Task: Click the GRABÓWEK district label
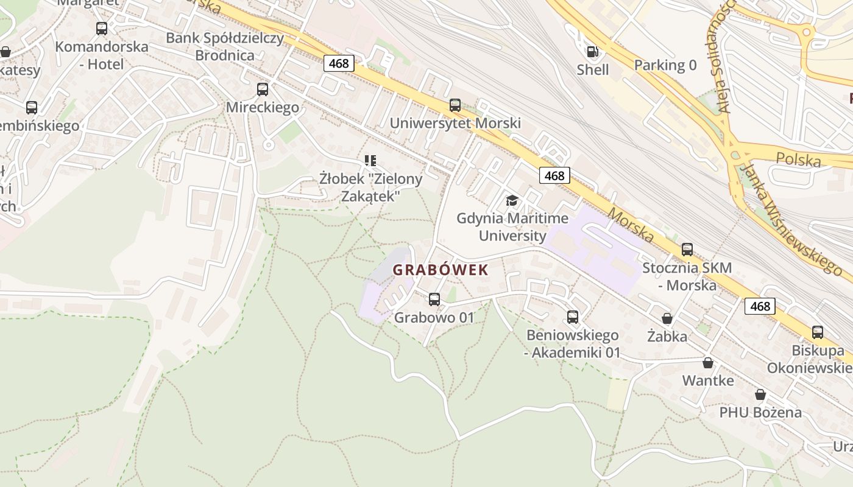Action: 441,270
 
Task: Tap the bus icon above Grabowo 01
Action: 434,300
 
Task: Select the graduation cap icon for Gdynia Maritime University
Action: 512,200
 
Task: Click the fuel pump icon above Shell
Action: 592,52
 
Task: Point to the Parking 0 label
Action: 665,65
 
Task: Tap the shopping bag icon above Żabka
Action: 667,318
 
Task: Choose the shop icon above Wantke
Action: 708,363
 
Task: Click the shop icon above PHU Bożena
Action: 760,394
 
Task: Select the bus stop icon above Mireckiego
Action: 263,89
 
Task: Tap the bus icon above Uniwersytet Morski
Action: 455,105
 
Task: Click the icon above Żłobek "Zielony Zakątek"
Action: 370,161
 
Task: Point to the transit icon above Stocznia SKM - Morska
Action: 687,250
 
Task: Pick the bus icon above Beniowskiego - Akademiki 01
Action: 573,317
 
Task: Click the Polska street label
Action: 798,159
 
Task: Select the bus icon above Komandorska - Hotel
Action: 102,29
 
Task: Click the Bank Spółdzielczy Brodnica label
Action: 225,46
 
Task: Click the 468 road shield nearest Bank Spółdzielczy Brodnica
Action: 338,63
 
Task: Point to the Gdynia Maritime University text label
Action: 512,226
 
